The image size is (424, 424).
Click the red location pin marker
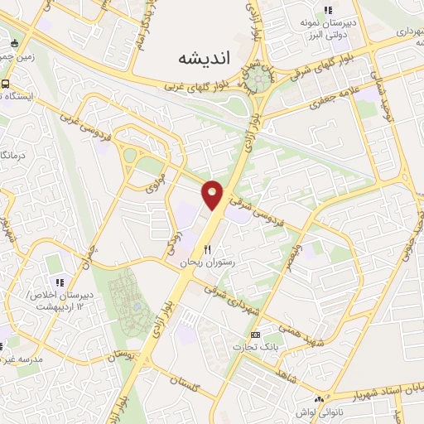coord(213,195)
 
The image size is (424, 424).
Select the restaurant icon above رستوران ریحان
coord(208,249)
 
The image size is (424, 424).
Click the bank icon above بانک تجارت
coord(254,335)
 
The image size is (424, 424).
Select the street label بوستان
coord(122,356)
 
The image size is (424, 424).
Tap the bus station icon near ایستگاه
coord(6,84)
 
